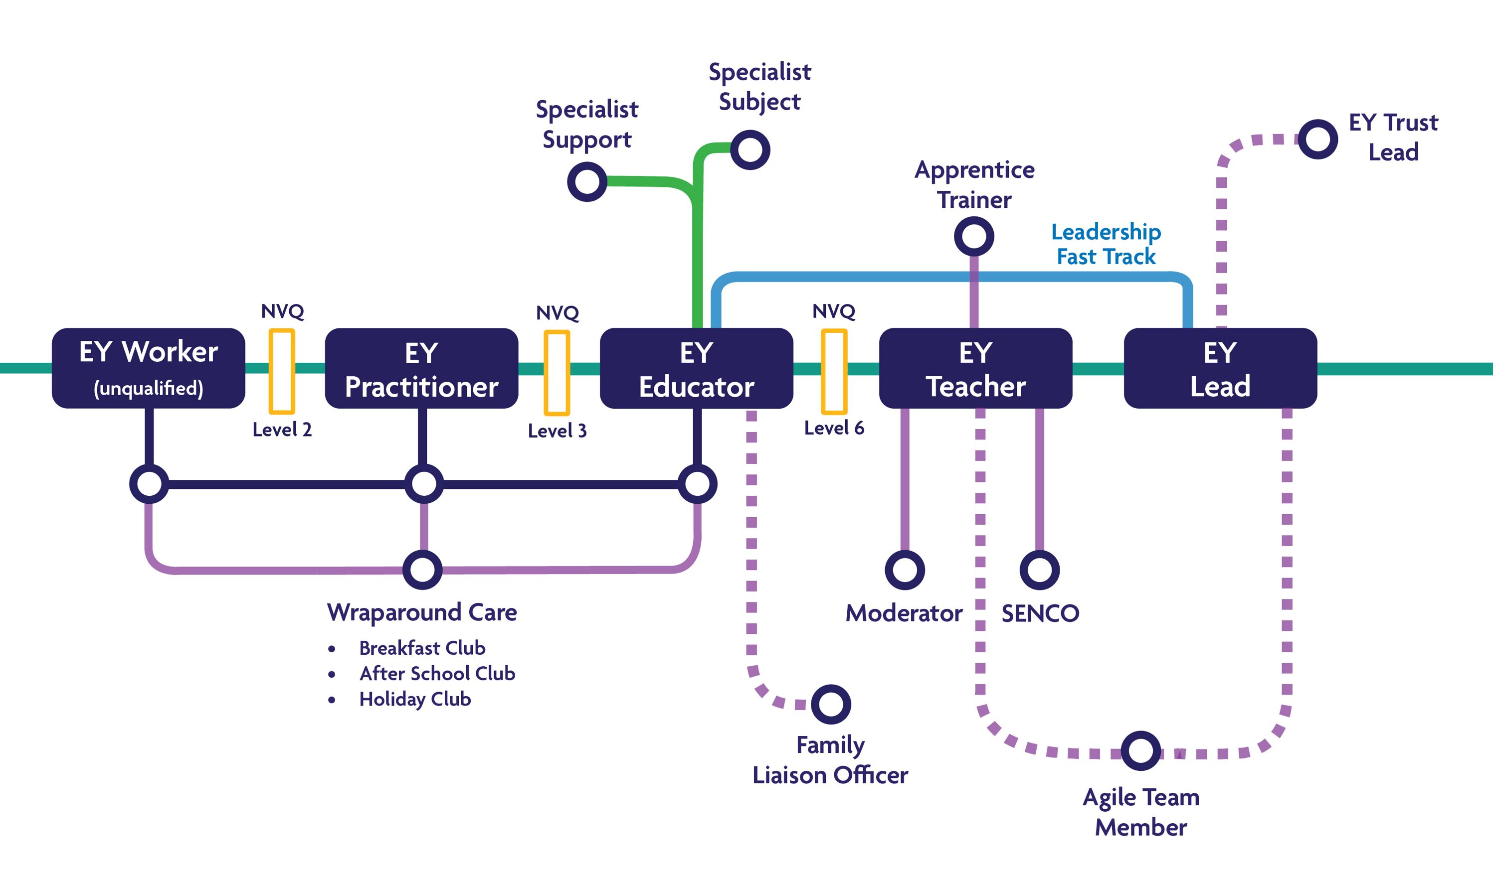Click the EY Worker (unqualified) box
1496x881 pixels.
coord(149,368)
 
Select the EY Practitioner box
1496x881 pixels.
coord(422,369)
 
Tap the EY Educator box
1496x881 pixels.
coord(696,369)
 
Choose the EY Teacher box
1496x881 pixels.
coord(975,369)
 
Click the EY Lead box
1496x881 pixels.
coord(1220,369)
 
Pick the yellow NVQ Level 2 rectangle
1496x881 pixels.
coord(282,371)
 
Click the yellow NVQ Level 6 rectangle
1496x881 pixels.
coord(834,372)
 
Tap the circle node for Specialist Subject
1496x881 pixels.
coord(750,149)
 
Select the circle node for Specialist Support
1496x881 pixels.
coord(587,182)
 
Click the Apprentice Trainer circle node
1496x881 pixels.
coord(974,236)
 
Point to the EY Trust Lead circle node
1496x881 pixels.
coord(1318,140)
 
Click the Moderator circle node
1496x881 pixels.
coord(905,570)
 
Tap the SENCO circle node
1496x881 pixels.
coord(1040,570)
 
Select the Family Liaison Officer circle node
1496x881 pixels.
coord(831,705)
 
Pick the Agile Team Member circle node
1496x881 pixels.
coord(1141,751)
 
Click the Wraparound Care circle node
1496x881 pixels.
coord(422,570)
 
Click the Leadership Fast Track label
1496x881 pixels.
coord(1106,244)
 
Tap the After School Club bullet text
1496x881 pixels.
coord(437,673)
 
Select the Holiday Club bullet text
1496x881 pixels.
coord(415,699)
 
